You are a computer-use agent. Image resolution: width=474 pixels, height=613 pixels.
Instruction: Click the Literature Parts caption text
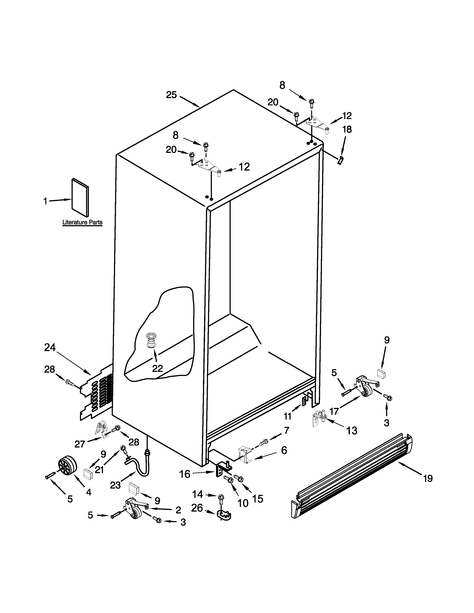(x=82, y=223)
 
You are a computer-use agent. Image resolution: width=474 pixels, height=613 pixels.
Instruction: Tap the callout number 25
(x=171, y=95)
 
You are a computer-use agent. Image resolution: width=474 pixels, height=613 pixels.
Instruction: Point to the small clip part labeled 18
(x=341, y=160)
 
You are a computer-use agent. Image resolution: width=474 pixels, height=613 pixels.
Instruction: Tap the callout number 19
(x=428, y=478)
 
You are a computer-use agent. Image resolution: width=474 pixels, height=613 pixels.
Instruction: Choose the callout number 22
(x=157, y=368)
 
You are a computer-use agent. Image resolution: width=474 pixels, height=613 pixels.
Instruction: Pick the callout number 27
(x=80, y=444)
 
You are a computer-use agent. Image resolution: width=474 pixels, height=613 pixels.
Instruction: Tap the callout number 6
(x=284, y=450)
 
